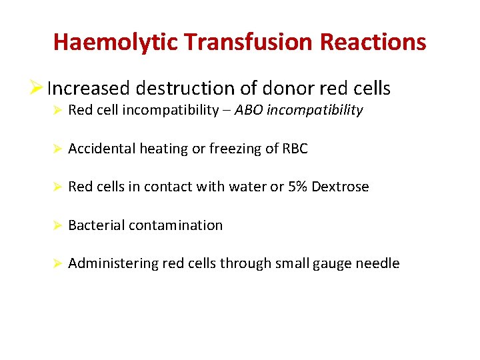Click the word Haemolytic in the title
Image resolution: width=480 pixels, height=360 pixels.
pos(116,42)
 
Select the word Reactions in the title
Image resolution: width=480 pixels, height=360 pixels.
pos(373,42)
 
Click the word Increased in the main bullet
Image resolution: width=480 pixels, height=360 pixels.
pos(89,89)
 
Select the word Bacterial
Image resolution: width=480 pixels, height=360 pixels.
pos(96,225)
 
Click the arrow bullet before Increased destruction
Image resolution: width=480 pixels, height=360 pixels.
pos(38,89)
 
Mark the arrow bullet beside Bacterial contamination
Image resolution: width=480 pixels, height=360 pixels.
pos(57,225)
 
